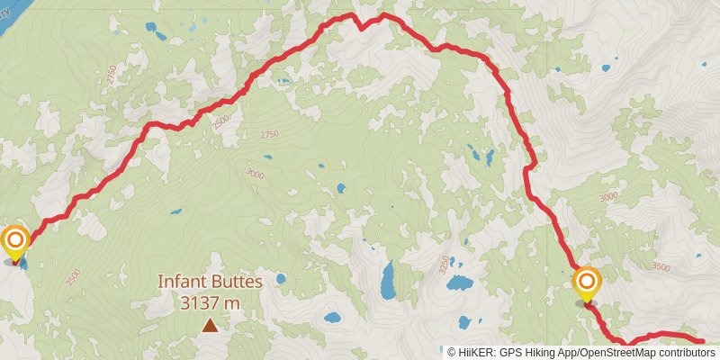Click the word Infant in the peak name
click(181, 282)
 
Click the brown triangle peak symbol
click(210, 325)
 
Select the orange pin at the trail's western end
click(15, 241)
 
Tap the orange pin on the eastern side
click(587, 282)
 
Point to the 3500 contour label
click(661, 266)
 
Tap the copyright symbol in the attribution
click(452, 353)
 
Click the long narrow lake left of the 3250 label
click(389, 281)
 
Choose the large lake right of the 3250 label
click(461, 283)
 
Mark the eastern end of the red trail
click(703, 341)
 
